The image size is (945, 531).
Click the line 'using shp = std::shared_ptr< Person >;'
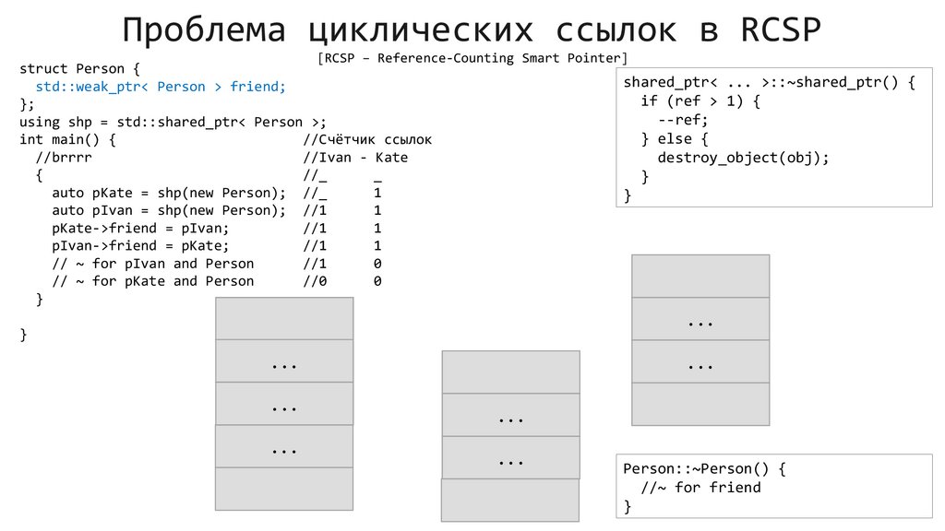173,122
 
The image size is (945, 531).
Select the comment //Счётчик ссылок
367,140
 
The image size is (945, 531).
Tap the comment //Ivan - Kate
355,158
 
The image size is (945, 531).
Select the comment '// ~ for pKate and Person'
153,281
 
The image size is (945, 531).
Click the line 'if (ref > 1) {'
701,100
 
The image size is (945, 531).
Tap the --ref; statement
683,120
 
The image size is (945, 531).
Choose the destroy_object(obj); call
743,157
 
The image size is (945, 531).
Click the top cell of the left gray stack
284,318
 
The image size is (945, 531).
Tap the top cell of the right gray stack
700,276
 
